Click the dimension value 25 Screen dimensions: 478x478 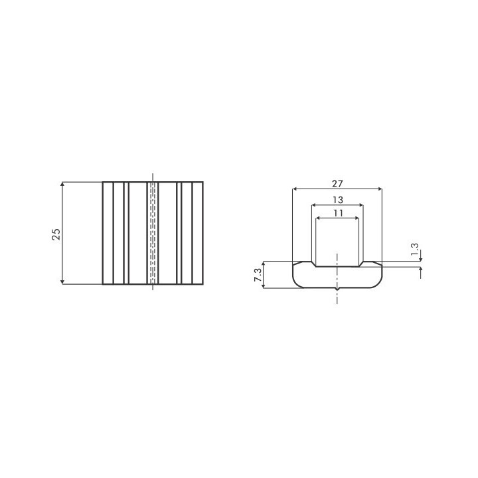(x=56, y=234)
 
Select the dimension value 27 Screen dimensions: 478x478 (x=337, y=184)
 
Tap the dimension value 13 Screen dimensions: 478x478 (x=338, y=200)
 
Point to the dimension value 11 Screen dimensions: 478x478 (x=339, y=213)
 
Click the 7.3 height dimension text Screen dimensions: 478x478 (x=258, y=275)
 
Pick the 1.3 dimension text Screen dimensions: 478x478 (x=414, y=250)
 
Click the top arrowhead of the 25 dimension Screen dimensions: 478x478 (x=62, y=185)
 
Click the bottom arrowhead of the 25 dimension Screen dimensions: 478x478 (x=62, y=281)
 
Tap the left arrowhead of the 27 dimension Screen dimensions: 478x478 (x=295, y=189)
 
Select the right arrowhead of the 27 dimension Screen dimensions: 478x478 (x=379, y=189)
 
